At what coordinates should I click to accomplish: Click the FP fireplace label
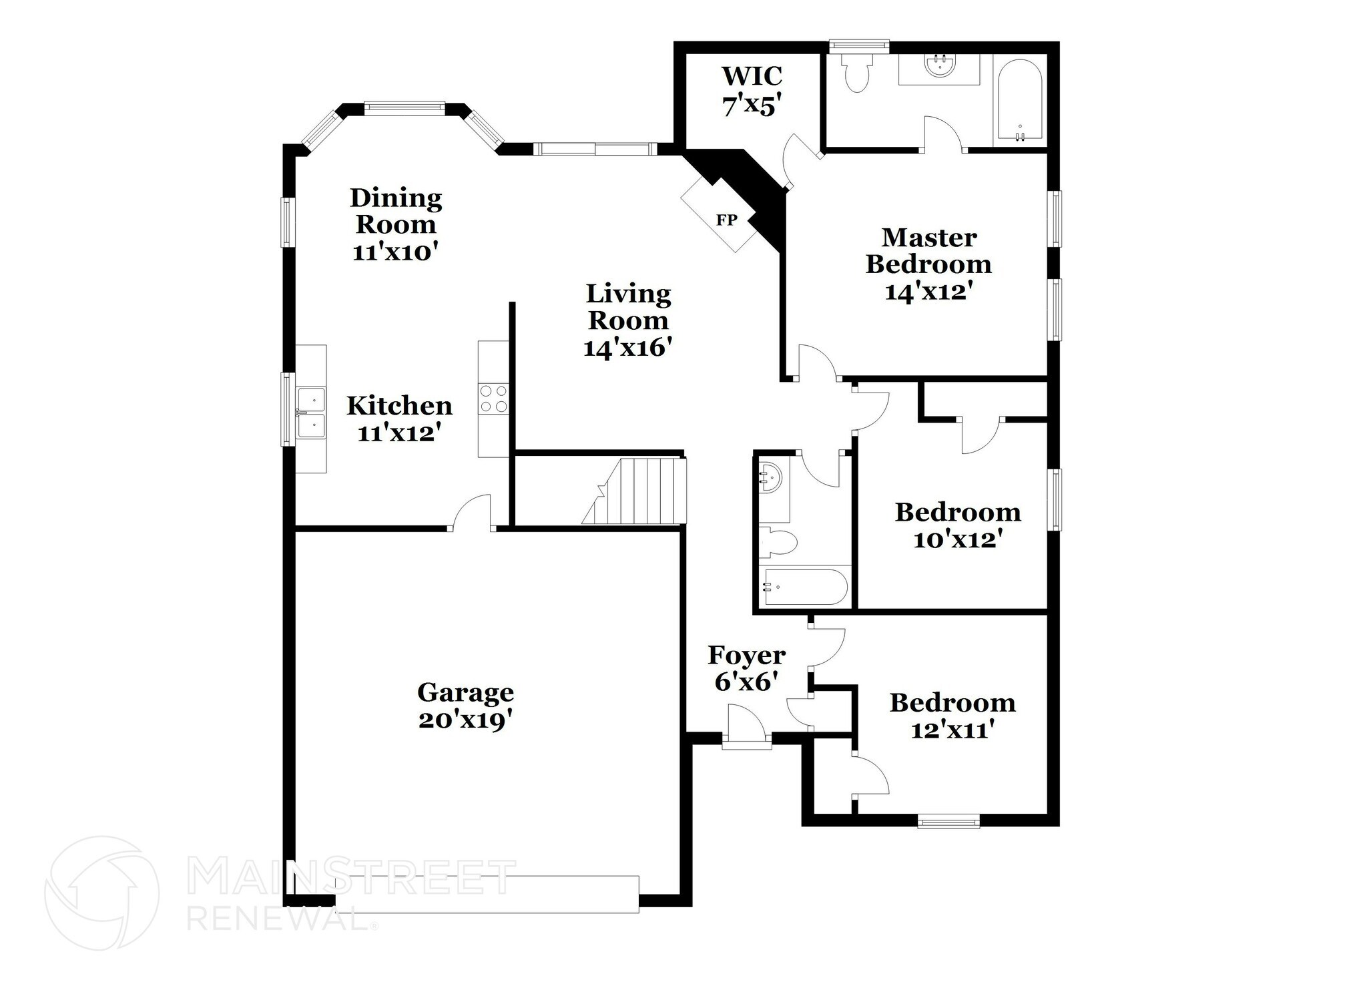(x=726, y=220)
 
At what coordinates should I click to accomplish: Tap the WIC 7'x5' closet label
(x=751, y=91)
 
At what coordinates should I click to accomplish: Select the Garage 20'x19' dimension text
(x=465, y=720)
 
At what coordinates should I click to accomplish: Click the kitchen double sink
(x=311, y=413)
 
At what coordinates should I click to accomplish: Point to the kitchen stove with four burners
(x=493, y=398)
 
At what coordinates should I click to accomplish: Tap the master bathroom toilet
(x=855, y=74)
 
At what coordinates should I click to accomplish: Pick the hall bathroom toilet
(x=778, y=541)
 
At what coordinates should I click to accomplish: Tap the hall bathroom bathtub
(x=806, y=587)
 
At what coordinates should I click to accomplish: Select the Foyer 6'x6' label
(x=746, y=668)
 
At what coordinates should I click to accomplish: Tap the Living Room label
(x=627, y=306)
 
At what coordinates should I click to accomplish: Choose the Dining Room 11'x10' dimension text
(x=395, y=252)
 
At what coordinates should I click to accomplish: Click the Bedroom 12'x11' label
(x=952, y=716)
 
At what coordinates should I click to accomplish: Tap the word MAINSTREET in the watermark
(x=351, y=877)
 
